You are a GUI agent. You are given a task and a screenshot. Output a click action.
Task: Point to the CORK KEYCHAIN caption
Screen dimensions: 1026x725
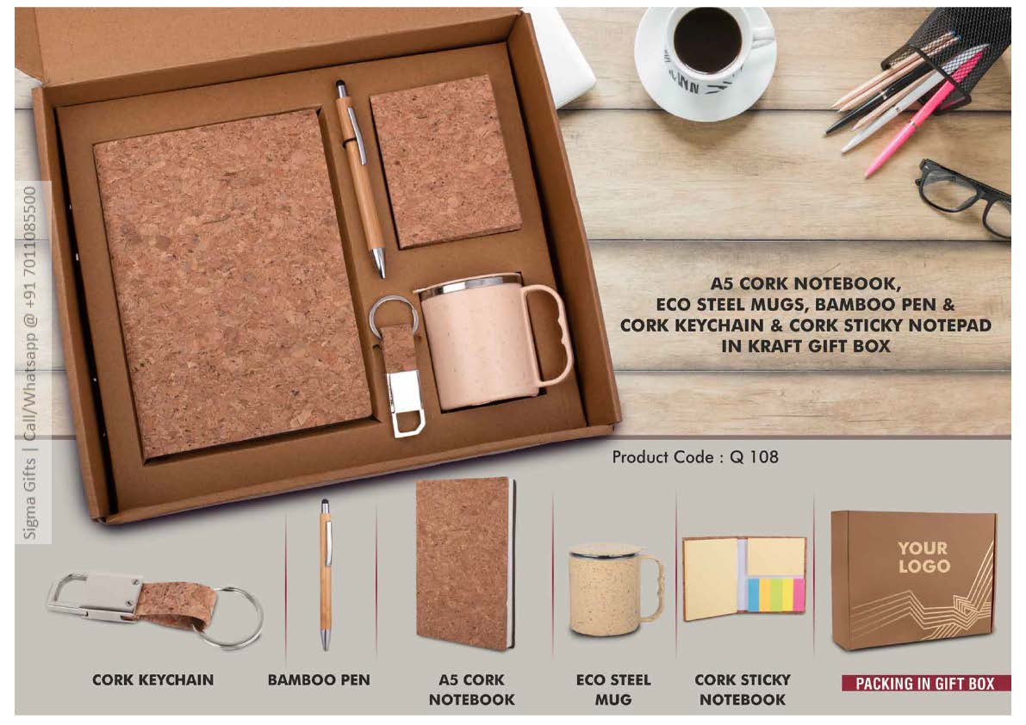[x=153, y=680]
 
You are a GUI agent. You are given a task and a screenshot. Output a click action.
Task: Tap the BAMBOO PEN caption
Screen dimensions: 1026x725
[x=319, y=680]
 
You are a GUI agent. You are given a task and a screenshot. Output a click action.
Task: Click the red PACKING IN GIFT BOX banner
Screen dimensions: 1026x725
[x=925, y=683]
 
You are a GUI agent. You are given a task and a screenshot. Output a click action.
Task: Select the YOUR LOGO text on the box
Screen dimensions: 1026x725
[x=923, y=557]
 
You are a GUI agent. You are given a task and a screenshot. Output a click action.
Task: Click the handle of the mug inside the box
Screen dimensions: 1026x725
[x=549, y=333]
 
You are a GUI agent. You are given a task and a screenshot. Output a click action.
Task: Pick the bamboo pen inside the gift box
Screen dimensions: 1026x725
[x=359, y=178]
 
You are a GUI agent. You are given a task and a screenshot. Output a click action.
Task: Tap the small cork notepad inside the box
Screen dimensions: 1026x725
[x=446, y=161]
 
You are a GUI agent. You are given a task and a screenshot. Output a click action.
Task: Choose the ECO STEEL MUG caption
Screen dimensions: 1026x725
[x=613, y=690]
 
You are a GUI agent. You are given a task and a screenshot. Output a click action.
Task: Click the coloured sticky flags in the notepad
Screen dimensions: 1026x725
[x=777, y=593]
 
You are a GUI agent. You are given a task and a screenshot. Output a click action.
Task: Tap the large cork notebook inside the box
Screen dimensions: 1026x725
[x=233, y=282]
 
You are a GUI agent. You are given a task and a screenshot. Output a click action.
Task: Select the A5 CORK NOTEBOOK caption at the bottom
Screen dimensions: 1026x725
[x=472, y=690]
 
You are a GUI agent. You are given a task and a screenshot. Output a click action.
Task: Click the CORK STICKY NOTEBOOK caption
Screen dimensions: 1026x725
[x=743, y=690]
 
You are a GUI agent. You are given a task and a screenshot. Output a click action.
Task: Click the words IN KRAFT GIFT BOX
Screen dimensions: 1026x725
[x=805, y=346]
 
